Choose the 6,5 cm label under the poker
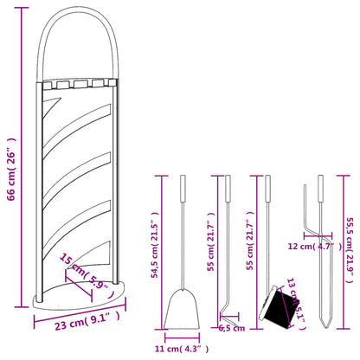click(232, 328)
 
